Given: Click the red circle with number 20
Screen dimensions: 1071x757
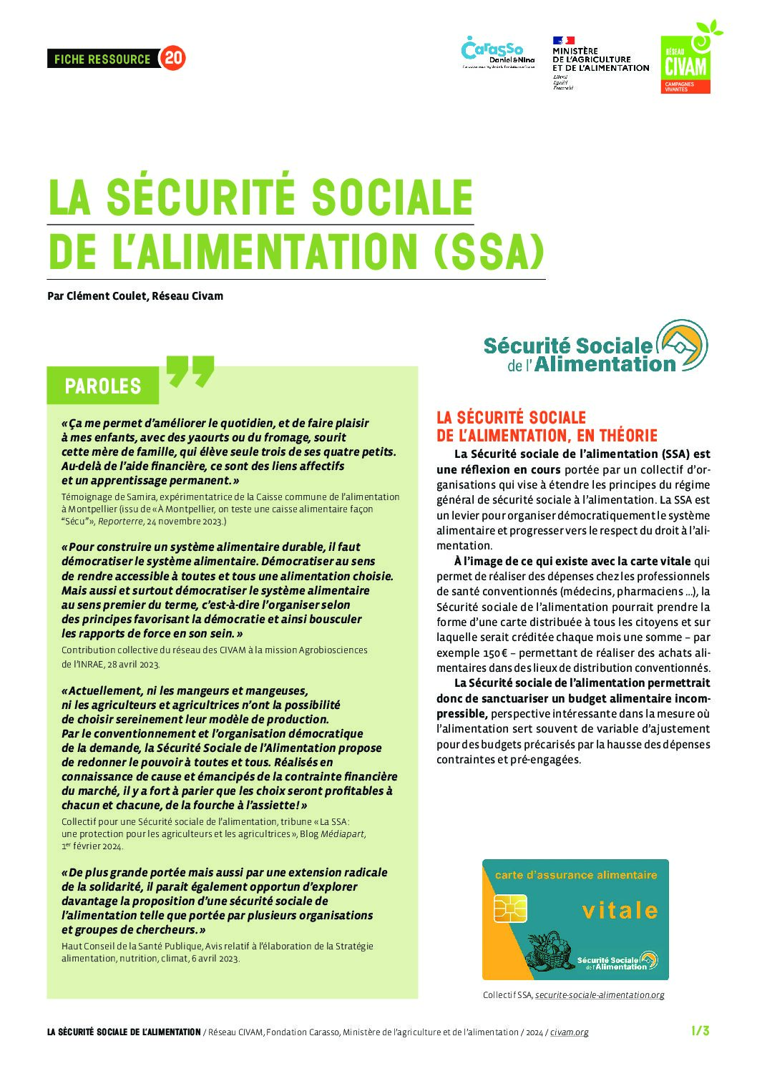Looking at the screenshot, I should click(173, 58).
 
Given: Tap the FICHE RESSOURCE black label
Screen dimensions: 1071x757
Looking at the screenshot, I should click(102, 59).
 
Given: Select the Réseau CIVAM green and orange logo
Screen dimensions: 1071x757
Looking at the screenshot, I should click(686, 63).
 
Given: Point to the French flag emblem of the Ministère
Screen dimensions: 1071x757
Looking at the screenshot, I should click(563, 41).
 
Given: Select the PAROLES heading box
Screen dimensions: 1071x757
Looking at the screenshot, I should click(103, 386).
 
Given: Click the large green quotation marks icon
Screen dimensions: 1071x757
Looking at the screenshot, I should click(190, 371).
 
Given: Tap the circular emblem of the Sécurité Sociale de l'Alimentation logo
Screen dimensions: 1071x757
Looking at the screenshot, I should click(683, 345).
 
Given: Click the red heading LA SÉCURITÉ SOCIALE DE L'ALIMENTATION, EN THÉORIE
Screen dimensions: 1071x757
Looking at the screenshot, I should click(547, 426).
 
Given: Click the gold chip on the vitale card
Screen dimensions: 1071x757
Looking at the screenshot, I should click(509, 908).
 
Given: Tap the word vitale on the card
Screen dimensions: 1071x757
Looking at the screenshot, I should click(620, 910).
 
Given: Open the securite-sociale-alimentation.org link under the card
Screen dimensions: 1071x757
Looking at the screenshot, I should click(600, 994).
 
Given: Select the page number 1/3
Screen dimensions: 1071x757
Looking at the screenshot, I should click(700, 1031).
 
